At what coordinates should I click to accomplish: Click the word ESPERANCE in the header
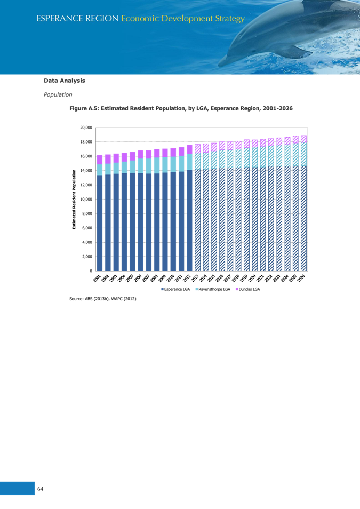click(58, 19)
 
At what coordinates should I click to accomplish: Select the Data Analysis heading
click(64, 81)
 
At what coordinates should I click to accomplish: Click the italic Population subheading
click(58, 94)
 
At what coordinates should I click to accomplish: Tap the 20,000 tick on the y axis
click(86, 128)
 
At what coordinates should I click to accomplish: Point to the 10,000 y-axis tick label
click(86, 199)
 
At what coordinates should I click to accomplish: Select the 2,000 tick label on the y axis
click(87, 256)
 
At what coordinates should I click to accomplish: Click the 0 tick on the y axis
click(91, 271)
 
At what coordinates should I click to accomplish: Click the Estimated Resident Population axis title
click(74, 199)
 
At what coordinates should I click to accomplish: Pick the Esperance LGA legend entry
click(177, 289)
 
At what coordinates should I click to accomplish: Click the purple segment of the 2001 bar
click(100, 160)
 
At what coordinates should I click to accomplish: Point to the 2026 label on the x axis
click(302, 278)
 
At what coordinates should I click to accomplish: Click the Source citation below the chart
click(102, 299)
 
